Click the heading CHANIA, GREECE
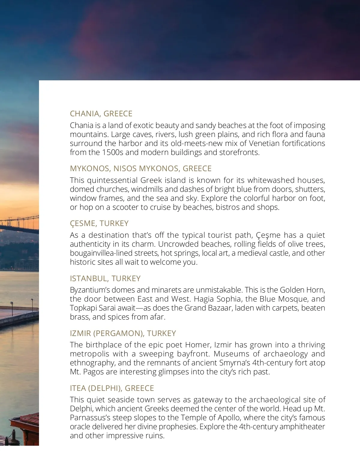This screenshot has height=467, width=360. (x=101, y=114)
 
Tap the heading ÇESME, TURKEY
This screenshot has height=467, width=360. (x=99, y=223)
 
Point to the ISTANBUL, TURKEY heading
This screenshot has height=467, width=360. (x=105, y=278)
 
